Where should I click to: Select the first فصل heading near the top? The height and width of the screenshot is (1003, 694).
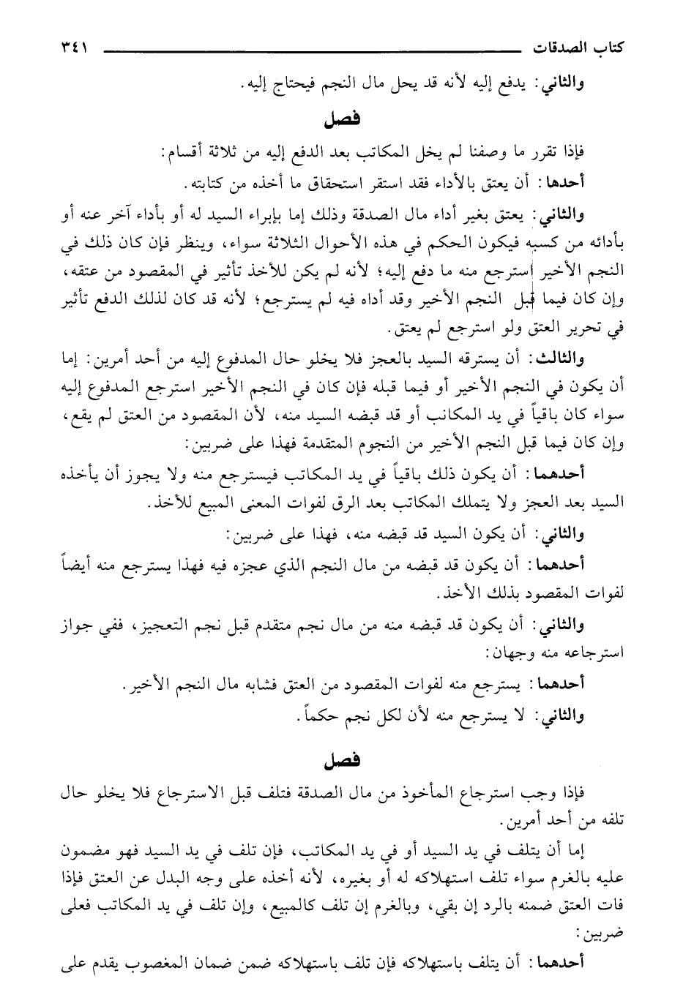tap(346, 119)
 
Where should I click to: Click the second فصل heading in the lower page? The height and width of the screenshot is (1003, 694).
tap(346, 761)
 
